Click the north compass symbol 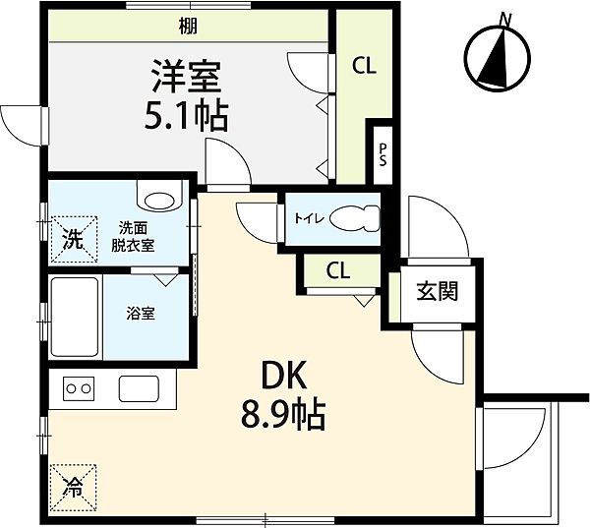pos(498,56)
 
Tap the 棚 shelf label pos(188,27)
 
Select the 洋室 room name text pos(186,77)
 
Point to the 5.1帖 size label pos(186,116)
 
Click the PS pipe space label pos(383,154)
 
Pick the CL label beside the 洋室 pos(364,66)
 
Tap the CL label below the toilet pos(338,270)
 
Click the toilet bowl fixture pos(355,218)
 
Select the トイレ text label pos(309,218)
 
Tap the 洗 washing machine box pos(74,239)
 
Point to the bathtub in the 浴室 pos(75,317)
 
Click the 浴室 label pos(141,313)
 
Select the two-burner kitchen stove pos(79,388)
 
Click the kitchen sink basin pos(139,388)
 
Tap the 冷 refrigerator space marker pos(73,488)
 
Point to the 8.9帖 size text pos(283,414)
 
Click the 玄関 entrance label pos(437,291)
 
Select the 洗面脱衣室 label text pos(133,237)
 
